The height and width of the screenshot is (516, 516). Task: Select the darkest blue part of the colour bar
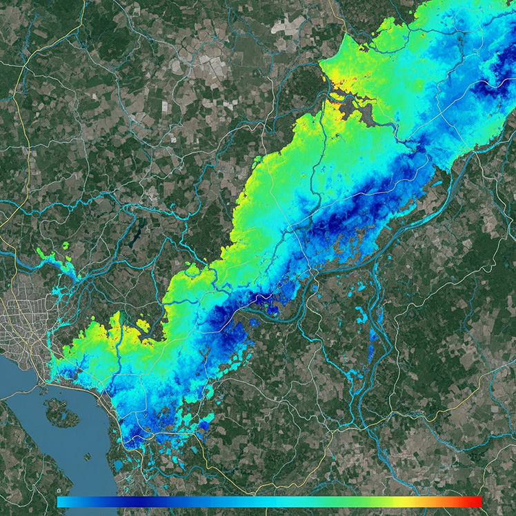click(131, 502)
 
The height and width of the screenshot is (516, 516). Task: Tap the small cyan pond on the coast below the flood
click(119, 465)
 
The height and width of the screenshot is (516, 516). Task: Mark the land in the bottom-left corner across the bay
click(17, 476)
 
